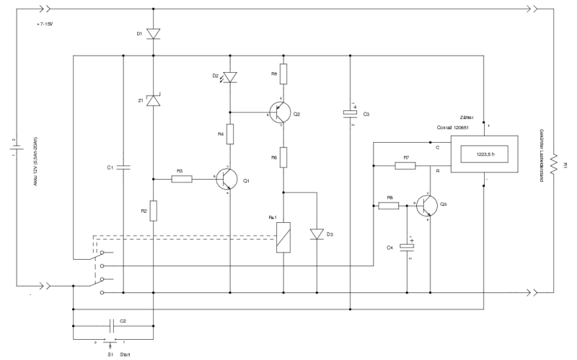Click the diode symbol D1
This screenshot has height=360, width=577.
click(x=153, y=33)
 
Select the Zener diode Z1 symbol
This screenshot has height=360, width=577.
click(x=153, y=101)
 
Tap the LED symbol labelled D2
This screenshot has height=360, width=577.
click(x=230, y=76)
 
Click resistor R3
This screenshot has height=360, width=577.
click(x=182, y=179)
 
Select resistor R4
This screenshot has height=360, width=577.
click(x=230, y=134)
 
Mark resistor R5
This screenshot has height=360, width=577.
click(x=283, y=73)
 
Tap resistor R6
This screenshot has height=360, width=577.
click(x=283, y=156)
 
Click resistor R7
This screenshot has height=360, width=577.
click(x=406, y=165)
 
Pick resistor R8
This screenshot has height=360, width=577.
click(x=389, y=206)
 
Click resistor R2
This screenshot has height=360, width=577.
click(x=153, y=211)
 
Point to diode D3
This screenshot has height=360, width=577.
click(x=317, y=234)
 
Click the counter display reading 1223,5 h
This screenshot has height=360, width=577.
click(x=485, y=154)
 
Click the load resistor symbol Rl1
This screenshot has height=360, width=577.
click(x=553, y=164)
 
